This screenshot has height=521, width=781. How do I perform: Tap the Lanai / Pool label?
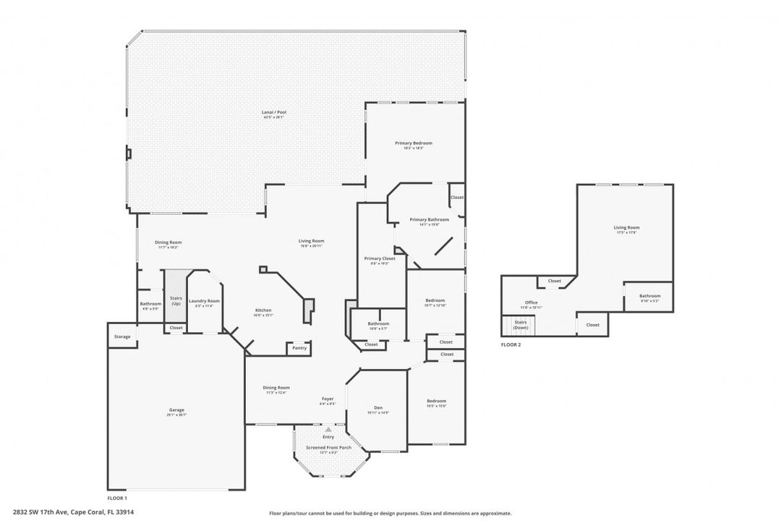[x=274, y=114]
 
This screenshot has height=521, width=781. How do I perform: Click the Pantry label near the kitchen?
[x=299, y=348]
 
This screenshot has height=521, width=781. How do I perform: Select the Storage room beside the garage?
[x=122, y=336]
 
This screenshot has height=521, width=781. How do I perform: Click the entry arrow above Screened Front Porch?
[x=328, y=430]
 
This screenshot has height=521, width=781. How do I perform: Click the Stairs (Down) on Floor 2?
[x=521, y=325]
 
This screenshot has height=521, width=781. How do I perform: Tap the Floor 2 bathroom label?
[x=649, y=297]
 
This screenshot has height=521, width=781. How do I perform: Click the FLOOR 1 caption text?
[x=117, y=499]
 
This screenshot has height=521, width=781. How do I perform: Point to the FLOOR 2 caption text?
[x=511, y=345]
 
